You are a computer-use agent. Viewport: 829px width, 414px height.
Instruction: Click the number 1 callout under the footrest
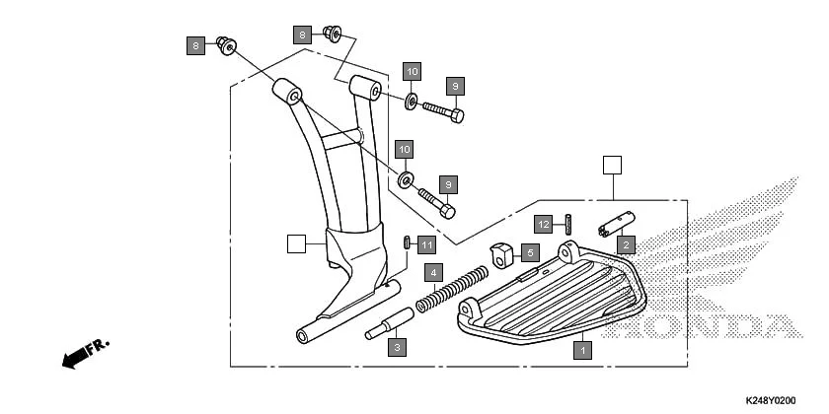pos(583,349)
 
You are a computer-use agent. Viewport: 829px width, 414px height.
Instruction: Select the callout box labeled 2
pos(624,243)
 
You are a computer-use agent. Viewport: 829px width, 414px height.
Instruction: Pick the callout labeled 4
pos(431,271)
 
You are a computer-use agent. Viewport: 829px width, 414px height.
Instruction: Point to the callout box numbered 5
pos(528,252)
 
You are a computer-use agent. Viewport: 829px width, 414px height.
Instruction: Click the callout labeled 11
pos(425,243)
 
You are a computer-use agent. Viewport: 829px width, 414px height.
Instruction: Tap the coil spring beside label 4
pos(449,291)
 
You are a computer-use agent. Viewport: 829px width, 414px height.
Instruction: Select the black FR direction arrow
pos(83,355)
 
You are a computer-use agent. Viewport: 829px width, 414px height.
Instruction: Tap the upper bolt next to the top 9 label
pos(443,110)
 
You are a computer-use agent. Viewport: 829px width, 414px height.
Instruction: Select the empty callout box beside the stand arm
pos(295,242)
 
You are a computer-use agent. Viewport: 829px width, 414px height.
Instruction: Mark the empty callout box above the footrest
pos(613,165)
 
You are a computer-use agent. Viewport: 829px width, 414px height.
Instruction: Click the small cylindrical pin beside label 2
pos(615,226)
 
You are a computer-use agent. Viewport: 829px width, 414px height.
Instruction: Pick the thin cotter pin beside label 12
pos(569,225)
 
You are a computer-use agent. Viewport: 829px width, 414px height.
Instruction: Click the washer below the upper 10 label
pos(411,100)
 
